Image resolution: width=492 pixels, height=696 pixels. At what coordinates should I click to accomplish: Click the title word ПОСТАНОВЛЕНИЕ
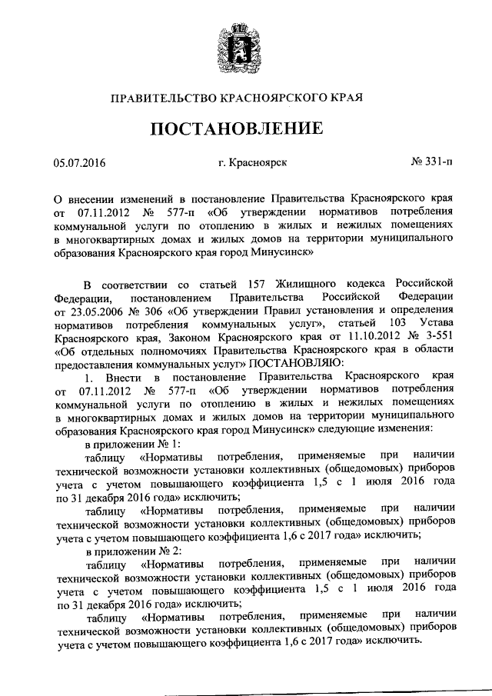[x=245, y=127]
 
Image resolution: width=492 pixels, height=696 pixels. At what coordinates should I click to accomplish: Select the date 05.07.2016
[x=79, y=163]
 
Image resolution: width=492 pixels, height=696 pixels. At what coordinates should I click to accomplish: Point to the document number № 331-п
[x=431, y=163]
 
